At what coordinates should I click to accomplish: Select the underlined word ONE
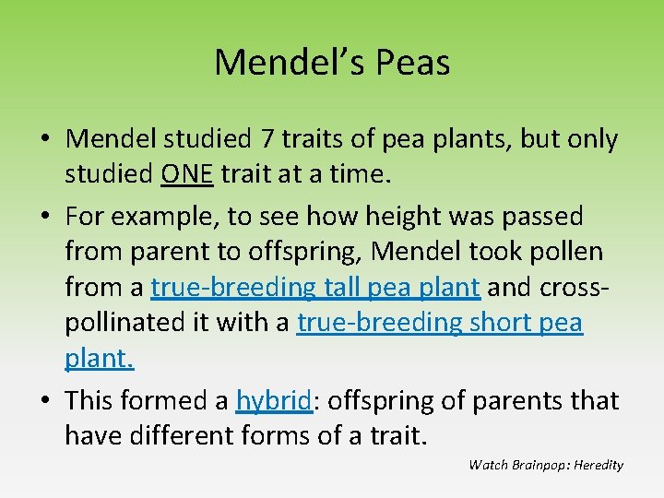[187, 174]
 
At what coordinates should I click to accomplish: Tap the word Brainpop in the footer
[539, 465]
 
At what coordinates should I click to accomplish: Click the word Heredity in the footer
[599, 465]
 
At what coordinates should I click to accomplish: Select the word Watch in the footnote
[487, 465]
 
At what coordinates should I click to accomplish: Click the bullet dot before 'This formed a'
[44, 400]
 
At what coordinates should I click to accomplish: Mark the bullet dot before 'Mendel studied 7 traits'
[44, 140]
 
